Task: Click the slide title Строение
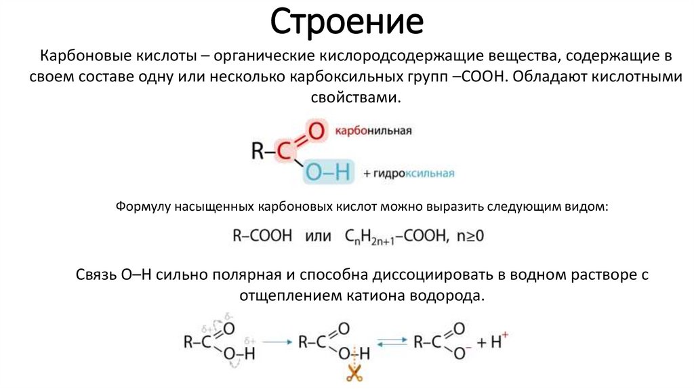347,22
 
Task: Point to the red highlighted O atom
315,130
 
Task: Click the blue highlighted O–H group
328,173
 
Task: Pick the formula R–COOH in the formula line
262,236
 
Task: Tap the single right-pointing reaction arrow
275,342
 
